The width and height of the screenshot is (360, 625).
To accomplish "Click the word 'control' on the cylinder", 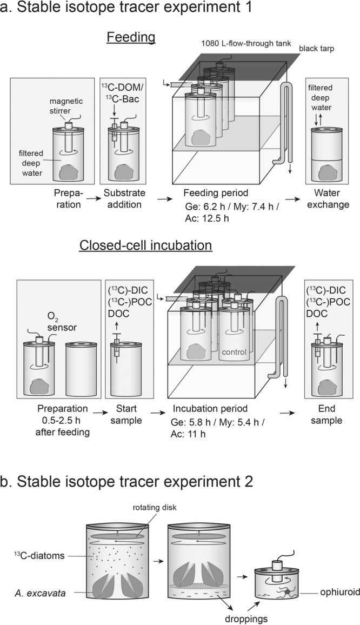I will (234, 352).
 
